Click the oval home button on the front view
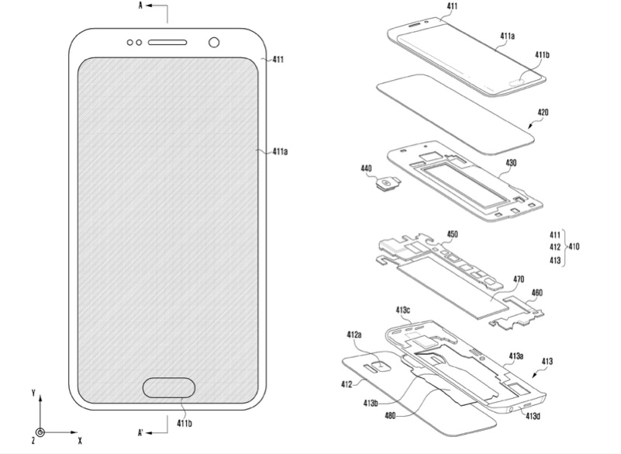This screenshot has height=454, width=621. point(169,387)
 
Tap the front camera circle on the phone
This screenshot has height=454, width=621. point(214,43)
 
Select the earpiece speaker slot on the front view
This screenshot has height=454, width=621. point(167,43)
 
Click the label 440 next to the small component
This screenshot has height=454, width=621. point(366,168)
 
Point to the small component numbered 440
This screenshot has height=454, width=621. point(388,184)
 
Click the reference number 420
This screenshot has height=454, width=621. point(543,113)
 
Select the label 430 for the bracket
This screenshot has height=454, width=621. point(511,162)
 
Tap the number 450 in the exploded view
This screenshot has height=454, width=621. point(452,234)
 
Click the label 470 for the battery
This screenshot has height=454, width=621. point(519,279)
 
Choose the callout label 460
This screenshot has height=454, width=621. point(536,293)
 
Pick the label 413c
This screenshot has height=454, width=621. point(403,310)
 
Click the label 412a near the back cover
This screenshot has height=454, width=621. point(354,334)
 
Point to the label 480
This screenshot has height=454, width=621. point(390,416)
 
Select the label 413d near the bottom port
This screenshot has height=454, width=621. point(533,415)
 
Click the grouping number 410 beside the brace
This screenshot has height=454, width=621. point(574,247)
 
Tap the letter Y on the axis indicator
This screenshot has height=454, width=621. point(33,393)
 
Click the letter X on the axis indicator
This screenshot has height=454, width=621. point(80,440)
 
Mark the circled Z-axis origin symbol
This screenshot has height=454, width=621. point(40,432)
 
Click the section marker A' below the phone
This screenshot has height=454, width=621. point(140,432)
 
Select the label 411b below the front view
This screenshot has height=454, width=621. point(185,424)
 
